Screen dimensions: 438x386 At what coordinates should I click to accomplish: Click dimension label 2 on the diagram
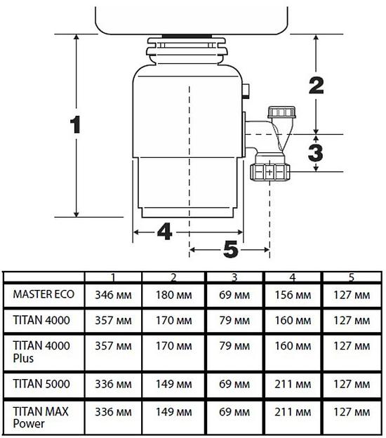coord(316,85)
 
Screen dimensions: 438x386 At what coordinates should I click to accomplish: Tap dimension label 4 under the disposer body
coord(164,232)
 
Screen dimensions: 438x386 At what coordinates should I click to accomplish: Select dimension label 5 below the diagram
coord(230,249)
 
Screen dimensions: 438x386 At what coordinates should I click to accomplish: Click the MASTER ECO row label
coord(44,294)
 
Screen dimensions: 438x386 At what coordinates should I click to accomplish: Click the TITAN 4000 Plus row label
coord(40,351)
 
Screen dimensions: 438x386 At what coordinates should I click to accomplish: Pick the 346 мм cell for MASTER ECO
coord(112,295)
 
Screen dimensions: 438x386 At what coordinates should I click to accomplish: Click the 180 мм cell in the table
coord(173,295)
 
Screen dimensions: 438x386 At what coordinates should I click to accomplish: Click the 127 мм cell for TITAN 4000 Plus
coord(351,346)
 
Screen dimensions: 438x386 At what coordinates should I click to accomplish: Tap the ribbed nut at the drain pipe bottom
coord(271,171)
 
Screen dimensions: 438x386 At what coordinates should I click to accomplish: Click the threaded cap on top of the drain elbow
coord(284,112)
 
